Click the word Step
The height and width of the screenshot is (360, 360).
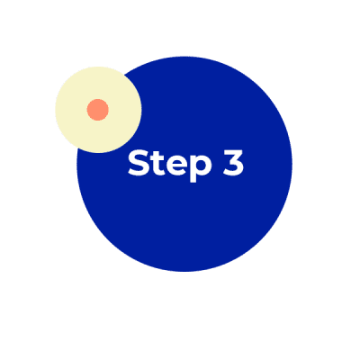(169, 166)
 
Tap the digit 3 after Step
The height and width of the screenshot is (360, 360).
(233, 163)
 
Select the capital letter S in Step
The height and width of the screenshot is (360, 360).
(139, 163)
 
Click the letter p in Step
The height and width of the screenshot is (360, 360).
(201, 169)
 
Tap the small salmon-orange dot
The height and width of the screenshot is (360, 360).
(98, 110)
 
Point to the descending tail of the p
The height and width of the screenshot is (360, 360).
(193, 179)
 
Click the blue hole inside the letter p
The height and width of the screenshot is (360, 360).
(201, 166)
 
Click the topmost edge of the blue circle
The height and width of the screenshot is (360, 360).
(184, 57)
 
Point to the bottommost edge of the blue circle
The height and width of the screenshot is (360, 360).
(184, 272)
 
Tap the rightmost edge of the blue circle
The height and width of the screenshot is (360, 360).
(292, 164)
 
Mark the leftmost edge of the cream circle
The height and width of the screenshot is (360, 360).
(56, 110)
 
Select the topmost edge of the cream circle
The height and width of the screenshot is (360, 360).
(98, 67)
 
